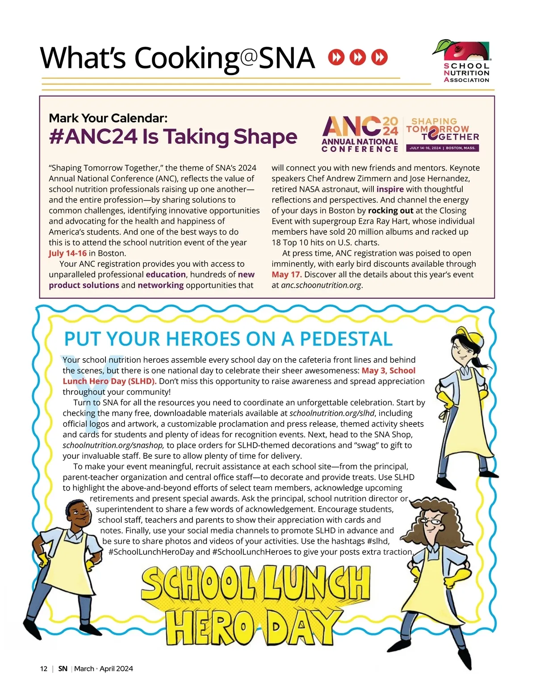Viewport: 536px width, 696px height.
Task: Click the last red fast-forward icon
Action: [380, 57]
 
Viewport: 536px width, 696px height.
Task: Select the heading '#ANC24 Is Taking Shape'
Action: [173, 137]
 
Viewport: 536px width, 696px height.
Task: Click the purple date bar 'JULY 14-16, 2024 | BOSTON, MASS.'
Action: [442, 148]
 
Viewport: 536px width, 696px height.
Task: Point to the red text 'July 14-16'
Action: [67, 253]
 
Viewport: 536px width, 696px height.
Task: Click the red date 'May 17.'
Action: [286, 275]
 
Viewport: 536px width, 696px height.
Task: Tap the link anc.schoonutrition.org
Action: [321, 285]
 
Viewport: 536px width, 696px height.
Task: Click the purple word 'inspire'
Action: [390, 189]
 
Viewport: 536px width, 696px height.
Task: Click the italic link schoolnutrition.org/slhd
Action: [332, 413]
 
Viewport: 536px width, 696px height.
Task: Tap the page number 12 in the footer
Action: [43, 669]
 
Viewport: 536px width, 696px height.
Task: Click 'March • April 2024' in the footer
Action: [104, 669]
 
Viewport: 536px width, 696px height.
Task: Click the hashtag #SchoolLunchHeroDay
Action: [151, 552]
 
